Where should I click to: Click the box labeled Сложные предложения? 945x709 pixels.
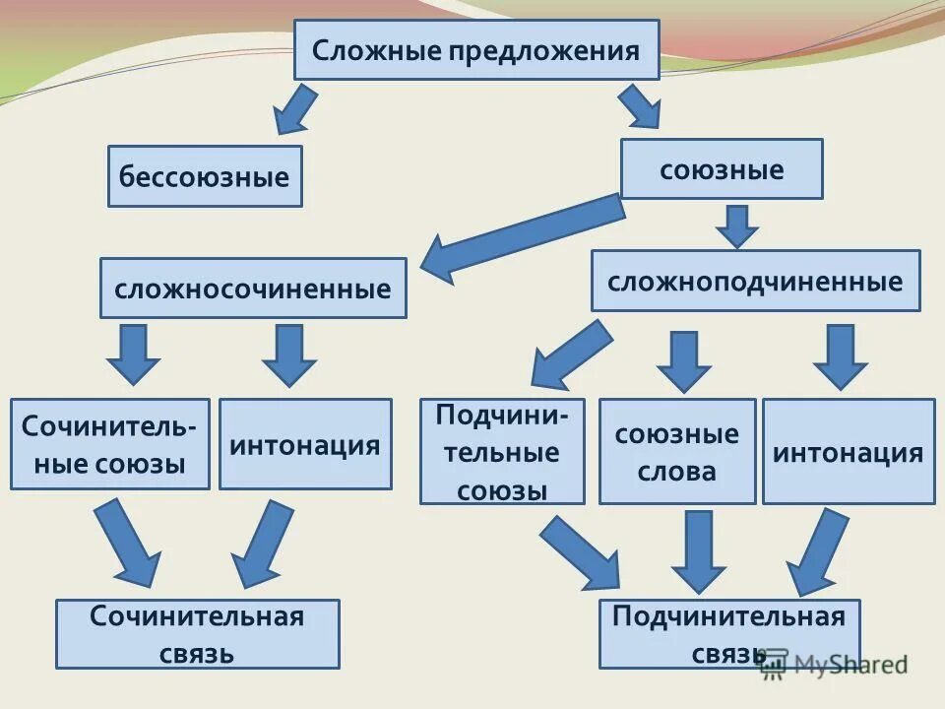[476, 50]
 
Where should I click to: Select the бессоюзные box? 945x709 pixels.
[205, 177]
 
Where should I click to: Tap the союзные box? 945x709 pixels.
[722, 169]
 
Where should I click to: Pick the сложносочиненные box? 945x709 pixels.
[253, 289]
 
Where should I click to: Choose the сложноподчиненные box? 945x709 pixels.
[755, 282]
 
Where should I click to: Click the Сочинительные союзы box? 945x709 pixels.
[110, 444]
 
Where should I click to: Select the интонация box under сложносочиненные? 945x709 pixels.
[305, 444]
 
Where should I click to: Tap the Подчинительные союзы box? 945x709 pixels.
[502, 451]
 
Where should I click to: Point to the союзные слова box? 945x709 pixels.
[677, 452]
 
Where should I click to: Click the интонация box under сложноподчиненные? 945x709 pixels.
[849, 452]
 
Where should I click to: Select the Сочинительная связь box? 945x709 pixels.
[198, 634]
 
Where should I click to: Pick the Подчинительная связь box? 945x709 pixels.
[728, 634]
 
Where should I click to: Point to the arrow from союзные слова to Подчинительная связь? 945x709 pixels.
[699, 551]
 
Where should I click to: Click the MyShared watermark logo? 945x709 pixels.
[833, 664]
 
